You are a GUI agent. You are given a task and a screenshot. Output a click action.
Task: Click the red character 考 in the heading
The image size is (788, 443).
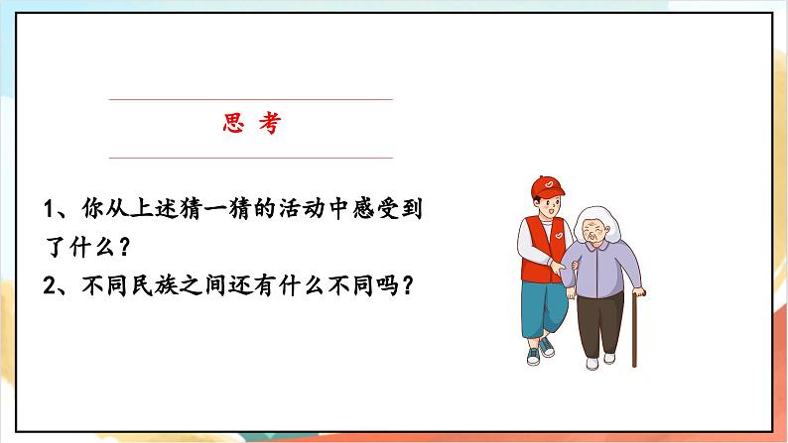269,126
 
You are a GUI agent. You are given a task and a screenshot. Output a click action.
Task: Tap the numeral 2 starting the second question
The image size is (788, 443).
51,285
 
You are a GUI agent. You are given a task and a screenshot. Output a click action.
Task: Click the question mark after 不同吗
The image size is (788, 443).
404,285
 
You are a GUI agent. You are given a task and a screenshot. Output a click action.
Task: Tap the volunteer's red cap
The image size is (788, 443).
545,187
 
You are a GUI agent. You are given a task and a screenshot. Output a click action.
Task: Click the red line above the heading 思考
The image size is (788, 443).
250,99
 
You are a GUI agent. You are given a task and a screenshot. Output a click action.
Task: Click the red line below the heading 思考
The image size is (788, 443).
250,158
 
